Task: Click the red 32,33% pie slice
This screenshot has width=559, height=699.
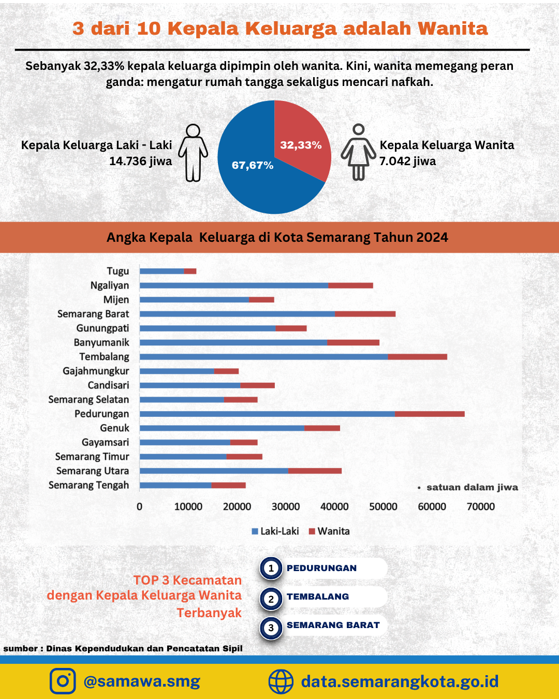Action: (300, 140)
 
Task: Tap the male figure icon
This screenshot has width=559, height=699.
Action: (193, 153)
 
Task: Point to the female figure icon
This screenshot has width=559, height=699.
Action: (358, 152)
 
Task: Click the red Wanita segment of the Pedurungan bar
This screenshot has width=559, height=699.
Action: (430, 414)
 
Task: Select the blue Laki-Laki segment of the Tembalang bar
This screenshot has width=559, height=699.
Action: (264, 357)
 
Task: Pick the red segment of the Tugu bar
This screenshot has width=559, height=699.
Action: (190, 271)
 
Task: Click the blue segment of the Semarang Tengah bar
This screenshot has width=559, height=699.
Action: (175, 485)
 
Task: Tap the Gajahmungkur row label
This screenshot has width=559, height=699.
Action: (96, 371)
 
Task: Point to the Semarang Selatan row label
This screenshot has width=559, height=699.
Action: (89, 399)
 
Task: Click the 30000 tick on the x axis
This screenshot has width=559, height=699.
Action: (286, 507)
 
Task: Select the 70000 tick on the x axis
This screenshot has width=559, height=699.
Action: (481, 507)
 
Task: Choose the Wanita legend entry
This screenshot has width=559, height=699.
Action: (329, 531)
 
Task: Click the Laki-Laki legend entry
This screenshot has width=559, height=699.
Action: (275, 531)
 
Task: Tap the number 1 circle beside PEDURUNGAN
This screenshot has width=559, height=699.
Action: (271, 568)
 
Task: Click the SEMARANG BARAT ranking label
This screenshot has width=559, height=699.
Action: (333, 625)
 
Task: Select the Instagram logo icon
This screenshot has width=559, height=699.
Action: (63, 681)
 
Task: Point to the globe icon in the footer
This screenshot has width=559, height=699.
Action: (281, 681)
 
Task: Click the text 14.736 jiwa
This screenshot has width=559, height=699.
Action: (141, 161)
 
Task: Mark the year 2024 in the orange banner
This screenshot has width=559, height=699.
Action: (432, 238)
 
